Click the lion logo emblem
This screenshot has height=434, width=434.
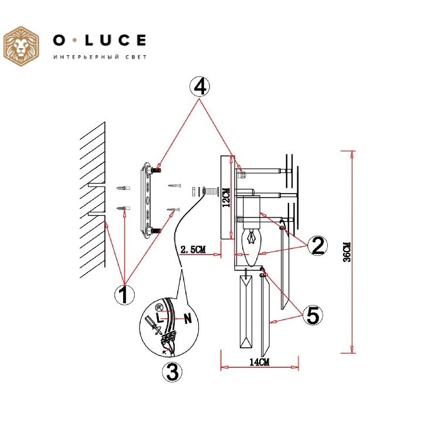pos(21,46)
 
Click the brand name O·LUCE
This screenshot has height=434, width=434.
pos(100,40)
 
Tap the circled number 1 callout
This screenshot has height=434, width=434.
pos(124,295)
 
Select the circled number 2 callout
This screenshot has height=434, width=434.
pos(317,246)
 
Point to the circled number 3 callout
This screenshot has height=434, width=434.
pos(172,372)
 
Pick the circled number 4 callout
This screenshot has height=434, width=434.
pos(199,86)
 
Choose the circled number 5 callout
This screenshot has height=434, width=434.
pos(313,316)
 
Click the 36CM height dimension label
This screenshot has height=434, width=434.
pos(347,252)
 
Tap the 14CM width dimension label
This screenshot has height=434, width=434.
pos(259,362)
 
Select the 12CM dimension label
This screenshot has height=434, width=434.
pos(226,198)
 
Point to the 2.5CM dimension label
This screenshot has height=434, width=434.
pos(193,249)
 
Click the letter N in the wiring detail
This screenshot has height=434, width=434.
pos(188,319)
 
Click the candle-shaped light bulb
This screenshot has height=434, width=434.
pos(251,246)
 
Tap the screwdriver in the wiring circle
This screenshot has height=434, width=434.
pos(153,325)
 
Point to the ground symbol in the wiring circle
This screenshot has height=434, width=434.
pos(158,307)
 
